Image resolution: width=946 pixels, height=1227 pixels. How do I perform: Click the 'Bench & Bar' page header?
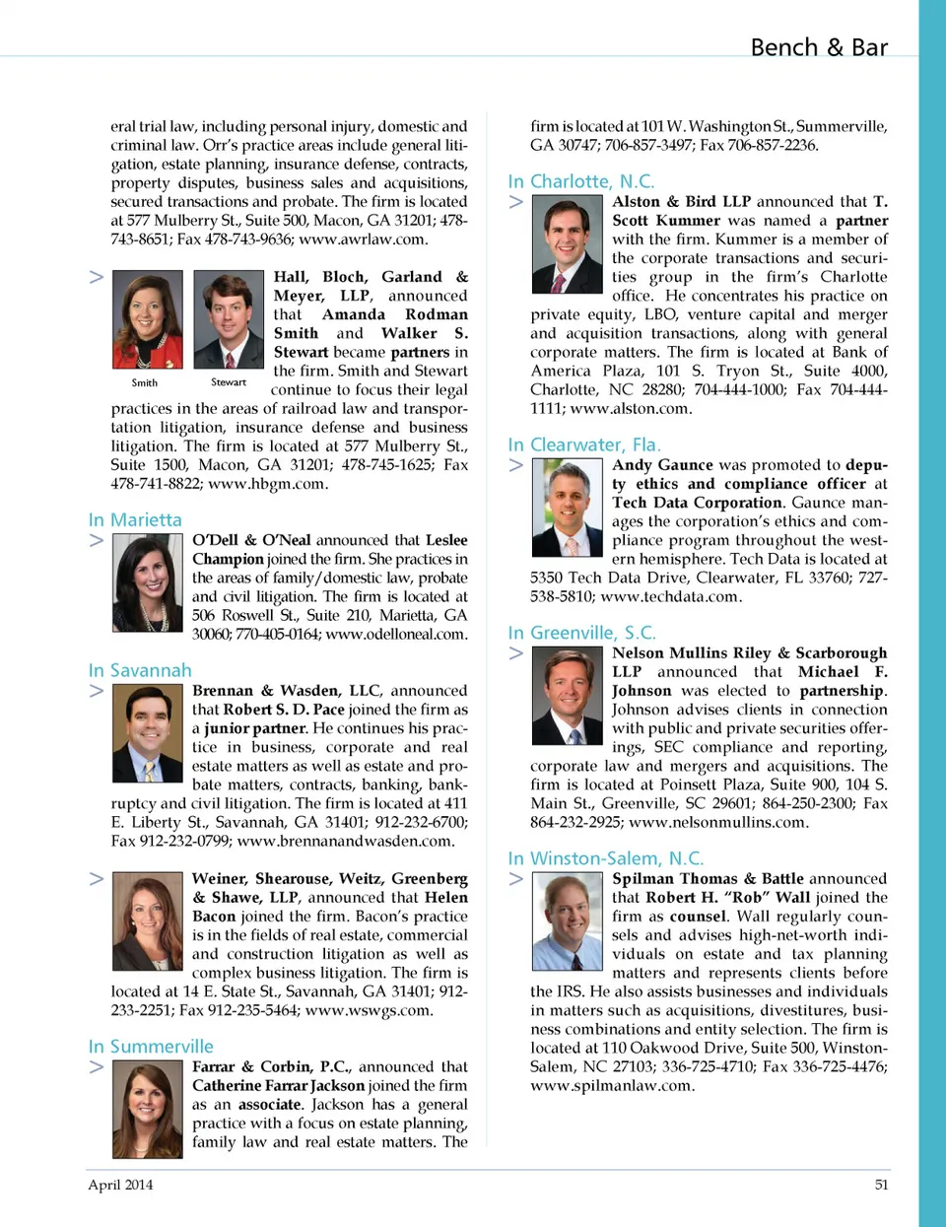(818, 47)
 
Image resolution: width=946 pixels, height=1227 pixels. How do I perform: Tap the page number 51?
(881, 1185)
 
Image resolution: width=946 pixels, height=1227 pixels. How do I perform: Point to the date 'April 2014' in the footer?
(120, 1185)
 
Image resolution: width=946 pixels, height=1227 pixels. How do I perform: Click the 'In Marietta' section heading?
(135, 519)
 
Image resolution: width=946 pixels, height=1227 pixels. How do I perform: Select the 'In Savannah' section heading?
(140, 670)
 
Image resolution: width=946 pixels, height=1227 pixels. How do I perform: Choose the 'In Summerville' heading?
(151, 1047)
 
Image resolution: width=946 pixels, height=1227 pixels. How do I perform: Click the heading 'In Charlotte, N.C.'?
(580, 181)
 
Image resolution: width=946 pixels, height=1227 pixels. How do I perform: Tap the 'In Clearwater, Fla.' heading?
(584, 444)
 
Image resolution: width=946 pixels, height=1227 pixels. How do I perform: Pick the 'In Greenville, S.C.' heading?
(581, 633)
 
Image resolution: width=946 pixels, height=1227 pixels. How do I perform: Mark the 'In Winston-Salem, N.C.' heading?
(605, 858)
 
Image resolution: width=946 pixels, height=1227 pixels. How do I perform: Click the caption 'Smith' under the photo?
(145, 382)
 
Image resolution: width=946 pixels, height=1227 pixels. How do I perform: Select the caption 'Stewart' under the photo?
(229, 382)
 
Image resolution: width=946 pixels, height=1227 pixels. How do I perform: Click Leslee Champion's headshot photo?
(148, 582)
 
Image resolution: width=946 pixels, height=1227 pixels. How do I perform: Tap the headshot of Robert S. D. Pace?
(148, 733)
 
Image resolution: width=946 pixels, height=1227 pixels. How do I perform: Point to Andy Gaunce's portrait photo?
(567, 508)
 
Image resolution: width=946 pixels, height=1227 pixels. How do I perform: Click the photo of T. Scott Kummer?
(567, 244)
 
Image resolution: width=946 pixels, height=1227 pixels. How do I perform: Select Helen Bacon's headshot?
(148, 921)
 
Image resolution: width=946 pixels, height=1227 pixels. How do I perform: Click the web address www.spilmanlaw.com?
(612, 1085)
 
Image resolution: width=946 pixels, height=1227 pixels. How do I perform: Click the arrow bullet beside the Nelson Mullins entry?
(515, 653)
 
